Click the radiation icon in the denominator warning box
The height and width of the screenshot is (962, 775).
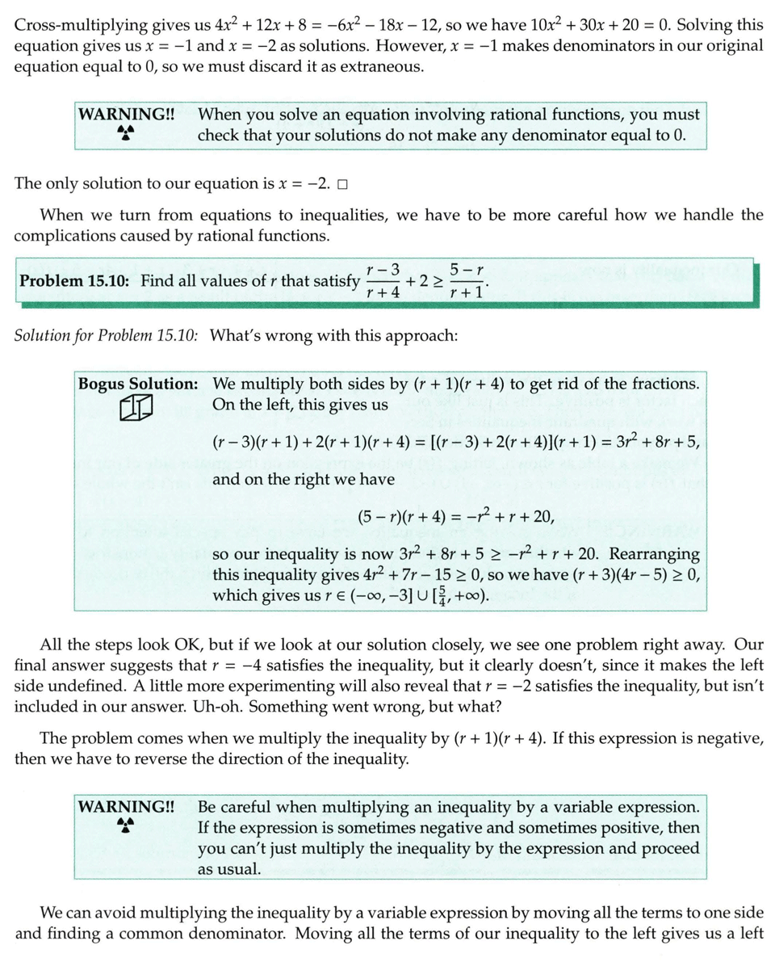125,132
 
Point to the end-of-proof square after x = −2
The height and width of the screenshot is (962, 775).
342,183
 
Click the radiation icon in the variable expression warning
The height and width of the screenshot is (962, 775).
125,825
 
